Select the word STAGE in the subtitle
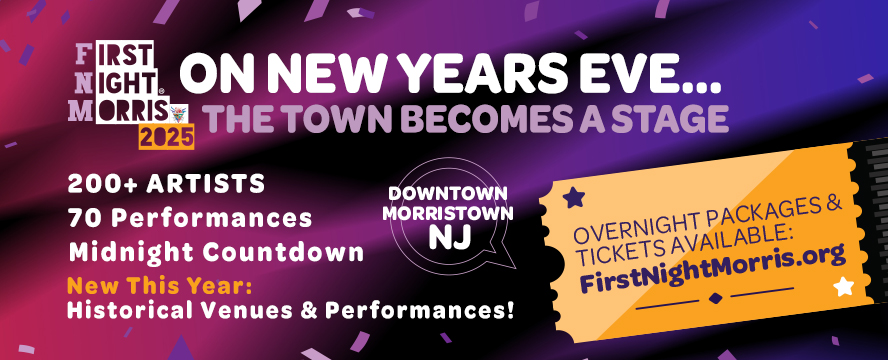pyautogui.click(x=670, y=119)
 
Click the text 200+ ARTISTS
pyautogui.click(x=167, y=184)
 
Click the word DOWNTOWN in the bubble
pyautogui.click(x=447, y=192)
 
